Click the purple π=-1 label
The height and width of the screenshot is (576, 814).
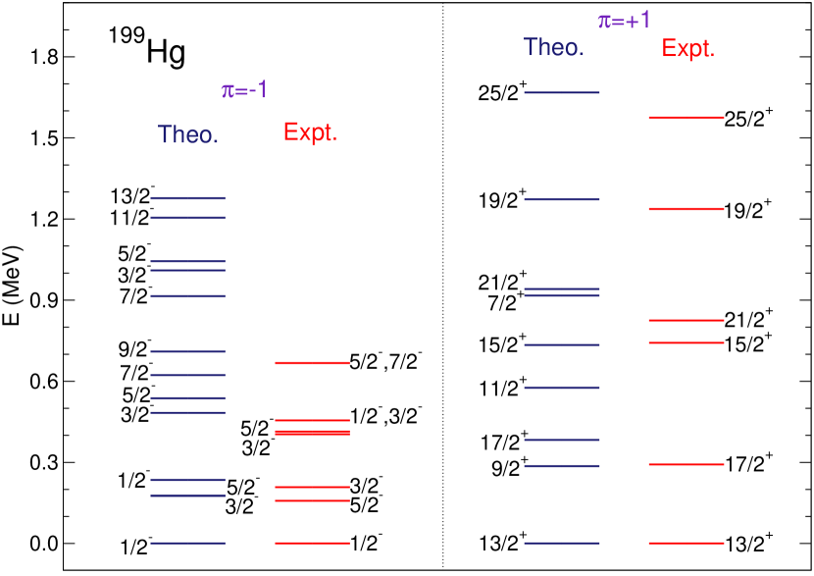click(244, 91)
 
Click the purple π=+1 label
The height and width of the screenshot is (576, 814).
click(625, 21)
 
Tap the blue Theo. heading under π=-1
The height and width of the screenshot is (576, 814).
click(188, 134)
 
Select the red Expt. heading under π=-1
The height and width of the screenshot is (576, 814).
click(310, 132)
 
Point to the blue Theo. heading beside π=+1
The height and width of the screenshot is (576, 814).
click(553, 47)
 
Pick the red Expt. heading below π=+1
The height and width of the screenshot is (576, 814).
click(687, 49)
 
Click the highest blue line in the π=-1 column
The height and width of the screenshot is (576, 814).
click(187, 198)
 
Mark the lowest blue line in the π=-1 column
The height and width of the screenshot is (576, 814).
click(187, 543)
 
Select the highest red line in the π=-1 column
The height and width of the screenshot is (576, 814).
click(312, 363)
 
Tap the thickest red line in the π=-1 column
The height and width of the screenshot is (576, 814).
click(312, 432)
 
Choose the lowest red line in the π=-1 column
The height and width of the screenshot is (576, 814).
click(312, 543)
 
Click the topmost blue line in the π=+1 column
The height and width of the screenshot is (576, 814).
click(562, 92)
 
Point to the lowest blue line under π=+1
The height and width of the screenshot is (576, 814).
click(562, 543)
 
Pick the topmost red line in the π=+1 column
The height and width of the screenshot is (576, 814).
click(687, 118)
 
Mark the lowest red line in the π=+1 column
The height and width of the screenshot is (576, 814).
click(687, 543)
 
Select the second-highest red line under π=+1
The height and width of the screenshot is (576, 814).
click(687, 209)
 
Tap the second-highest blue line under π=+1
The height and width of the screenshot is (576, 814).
click(562, 200)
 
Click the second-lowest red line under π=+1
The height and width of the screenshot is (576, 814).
click(687, 464)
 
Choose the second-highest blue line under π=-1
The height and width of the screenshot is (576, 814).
click(187, 217)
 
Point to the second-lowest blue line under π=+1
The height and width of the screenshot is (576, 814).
click(562, 466)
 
